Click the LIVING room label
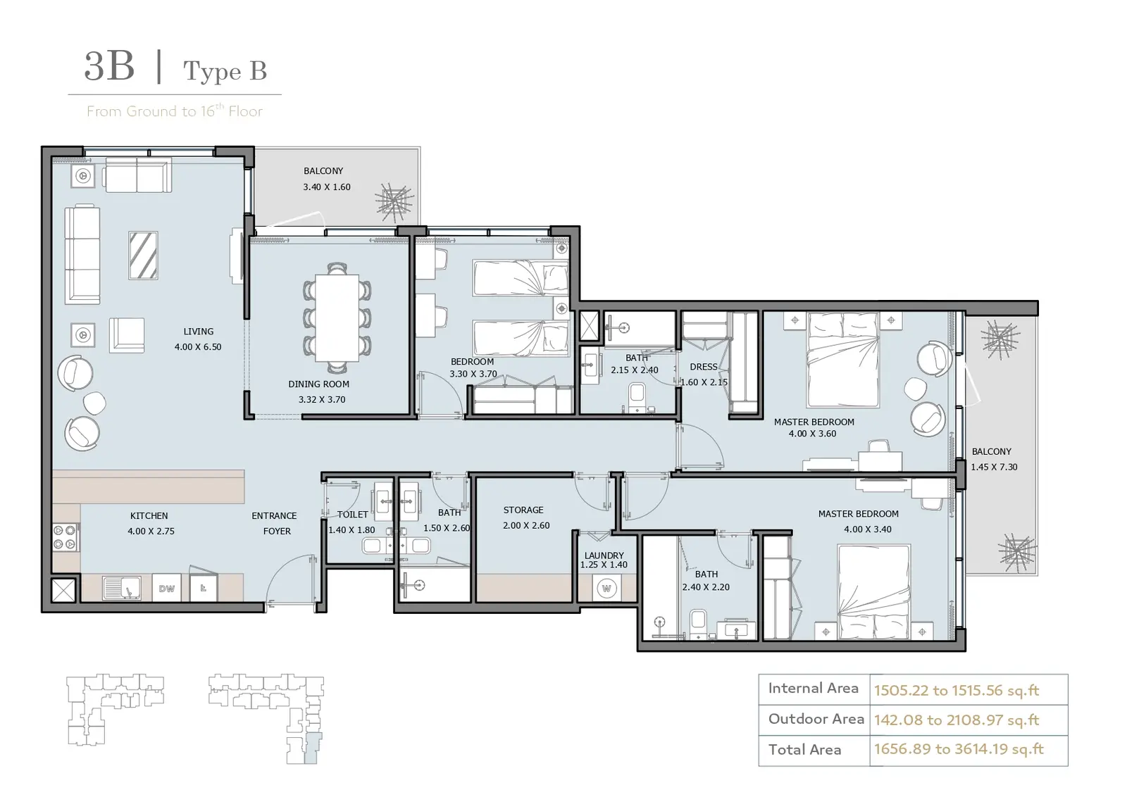[x=198, y=332]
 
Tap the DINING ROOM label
[x=318, y=384]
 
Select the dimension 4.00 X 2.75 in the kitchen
[x=151, y=531]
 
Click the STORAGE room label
[x=523, y=510]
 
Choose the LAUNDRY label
[x=604, y=556]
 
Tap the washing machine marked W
[x=606, y=589]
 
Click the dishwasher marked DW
[x=166, y=589]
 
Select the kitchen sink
[x=122, y=588]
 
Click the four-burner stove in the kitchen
[x=65, y=537]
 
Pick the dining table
[x=337, y=318]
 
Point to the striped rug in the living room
[x=144, y=256]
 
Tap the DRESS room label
[x=704, y=367]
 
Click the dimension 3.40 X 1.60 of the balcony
[x=327, y=187]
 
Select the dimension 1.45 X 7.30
[x=994, y=467]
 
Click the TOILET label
[x=352, y=515]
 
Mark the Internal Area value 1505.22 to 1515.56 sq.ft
[x=957, y=691]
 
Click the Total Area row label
[x=804, y=750]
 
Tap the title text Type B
[x=225, y=71]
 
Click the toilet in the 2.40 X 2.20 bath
[x=698, y=624]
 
